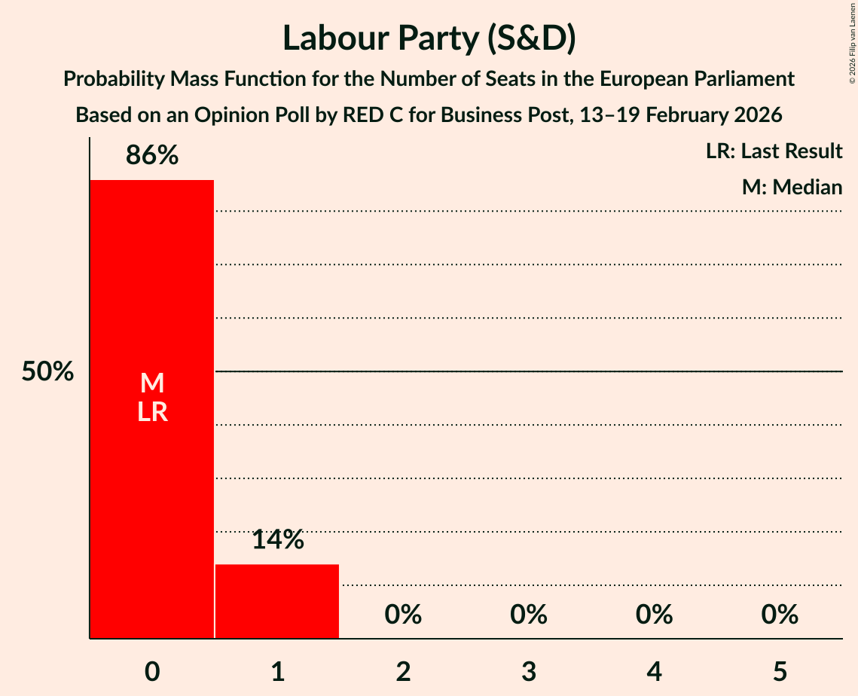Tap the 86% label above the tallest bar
click(152, 156)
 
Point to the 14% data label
click(277, 539)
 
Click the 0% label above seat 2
click(403, 615)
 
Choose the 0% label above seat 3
click(529, 615)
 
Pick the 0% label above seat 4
click(654, 615)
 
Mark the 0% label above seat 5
click(780, 615)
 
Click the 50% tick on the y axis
click(47, 371)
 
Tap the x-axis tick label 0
click(152, 671)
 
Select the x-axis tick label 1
click(277, 671)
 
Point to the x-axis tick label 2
click(403, 671)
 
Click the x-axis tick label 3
click(529, 671)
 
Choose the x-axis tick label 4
click(654, 671)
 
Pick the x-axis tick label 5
click(780, 671)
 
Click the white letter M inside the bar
click(152, 383)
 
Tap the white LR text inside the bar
click(152, 412)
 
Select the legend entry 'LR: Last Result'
click(774, 151)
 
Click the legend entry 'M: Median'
click(792, 187)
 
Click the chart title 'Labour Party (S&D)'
click(429, 38)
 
